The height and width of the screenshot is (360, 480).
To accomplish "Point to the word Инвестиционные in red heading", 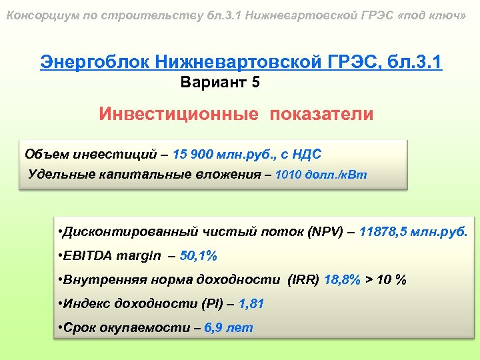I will point(179,113).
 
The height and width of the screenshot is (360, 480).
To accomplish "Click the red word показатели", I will point(322,113).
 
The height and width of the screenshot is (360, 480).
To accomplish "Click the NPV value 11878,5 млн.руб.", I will point(413,232).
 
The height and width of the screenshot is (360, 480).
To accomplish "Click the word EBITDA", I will point(87,255).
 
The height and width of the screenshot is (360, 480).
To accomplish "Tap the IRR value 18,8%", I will point(343,279).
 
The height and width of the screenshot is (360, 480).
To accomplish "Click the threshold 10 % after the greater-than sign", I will point(391,279).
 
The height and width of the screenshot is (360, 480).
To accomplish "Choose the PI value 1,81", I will point(251,303).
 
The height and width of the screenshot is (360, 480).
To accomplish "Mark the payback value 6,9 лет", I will point(229,327).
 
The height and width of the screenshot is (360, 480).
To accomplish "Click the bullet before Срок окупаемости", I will point(61,327).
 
